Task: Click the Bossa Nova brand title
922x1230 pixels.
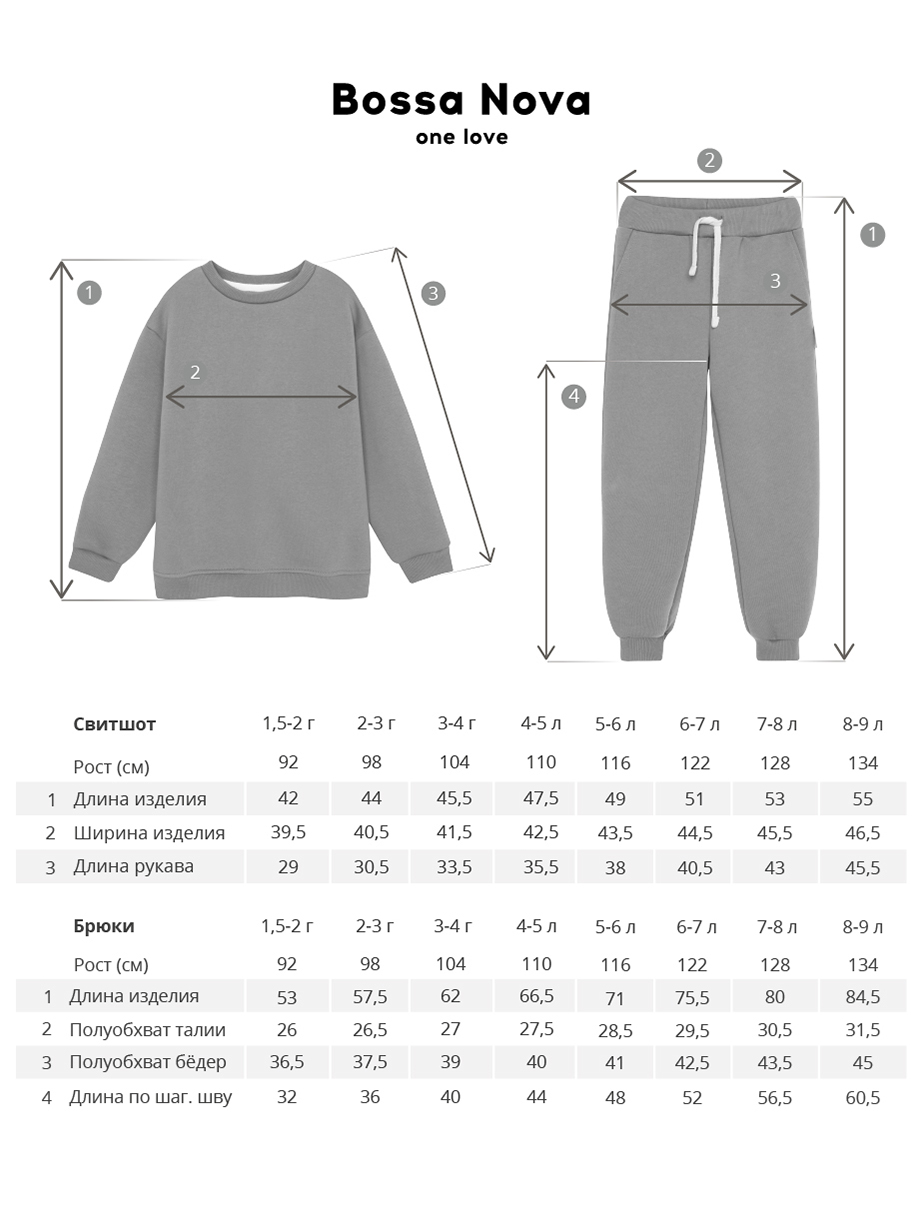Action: (x=461, y=100)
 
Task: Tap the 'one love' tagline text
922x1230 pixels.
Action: (x=461, y=137)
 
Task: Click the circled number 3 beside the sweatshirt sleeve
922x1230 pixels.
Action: (x=432, y=293)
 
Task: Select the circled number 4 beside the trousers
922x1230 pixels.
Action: (x=573, y=396)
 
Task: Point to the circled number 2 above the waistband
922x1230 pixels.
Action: (x=709, y=160)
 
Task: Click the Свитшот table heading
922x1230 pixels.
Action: (x=115, y=724)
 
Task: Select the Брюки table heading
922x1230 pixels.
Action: (x=104, y=926)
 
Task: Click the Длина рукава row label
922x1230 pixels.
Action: (x=133, y=866)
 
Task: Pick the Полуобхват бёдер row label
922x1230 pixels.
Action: (x=148, y=1062)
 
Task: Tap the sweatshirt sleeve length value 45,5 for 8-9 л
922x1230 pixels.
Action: (x=862, y=867)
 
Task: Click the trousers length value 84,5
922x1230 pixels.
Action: (x=862, y=997)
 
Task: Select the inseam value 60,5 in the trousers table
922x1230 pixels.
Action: (x=862, y=1097)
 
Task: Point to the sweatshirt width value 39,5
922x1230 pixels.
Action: (x=288, y=833)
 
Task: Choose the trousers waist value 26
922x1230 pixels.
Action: (x=287, y=1030)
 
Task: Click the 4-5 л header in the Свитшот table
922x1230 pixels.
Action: (x=541, y=723)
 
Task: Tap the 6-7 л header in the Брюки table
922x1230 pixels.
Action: (x=696, y=927)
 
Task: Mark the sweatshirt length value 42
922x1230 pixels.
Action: (x=288, y=799)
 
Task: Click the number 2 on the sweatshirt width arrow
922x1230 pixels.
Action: (x=195, y=372)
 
